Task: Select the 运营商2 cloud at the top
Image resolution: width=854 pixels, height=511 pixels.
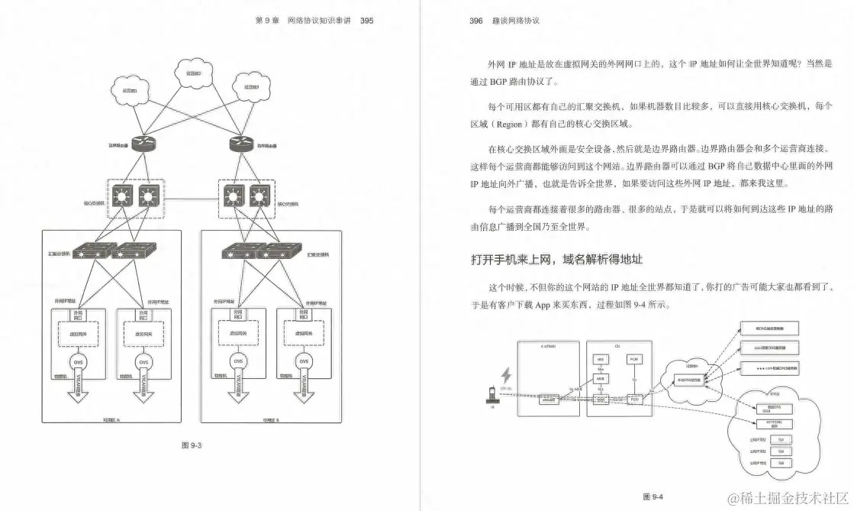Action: coord(187,73)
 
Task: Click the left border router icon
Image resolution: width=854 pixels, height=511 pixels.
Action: coord(143,144)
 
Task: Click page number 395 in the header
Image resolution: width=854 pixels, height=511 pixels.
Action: coord(366,21)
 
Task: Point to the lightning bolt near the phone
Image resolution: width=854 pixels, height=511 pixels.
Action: coord(504,376)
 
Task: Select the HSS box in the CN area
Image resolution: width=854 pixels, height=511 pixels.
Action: coord(600,359)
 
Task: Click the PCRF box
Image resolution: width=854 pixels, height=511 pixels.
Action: coord(633,358)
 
